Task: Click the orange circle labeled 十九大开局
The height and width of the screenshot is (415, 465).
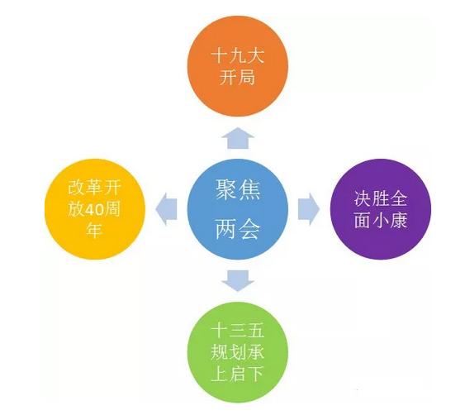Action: click(x=238, y=66)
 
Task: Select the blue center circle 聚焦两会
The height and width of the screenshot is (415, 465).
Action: click(x=238, y=209)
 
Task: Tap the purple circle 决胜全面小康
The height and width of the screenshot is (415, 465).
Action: click(x=381, y=209)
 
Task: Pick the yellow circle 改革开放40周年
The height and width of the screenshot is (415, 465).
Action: click(x=95, y=209)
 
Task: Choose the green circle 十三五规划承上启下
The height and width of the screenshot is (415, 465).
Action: click(x=238, y=352)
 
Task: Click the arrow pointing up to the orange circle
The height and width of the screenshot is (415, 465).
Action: click(x=238, y=138)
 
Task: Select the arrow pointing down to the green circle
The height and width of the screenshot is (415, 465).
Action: click(x=238, y=281)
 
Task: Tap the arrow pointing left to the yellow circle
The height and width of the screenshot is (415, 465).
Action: click(x=166, y=209)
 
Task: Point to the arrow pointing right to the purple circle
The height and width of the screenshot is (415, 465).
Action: click(x=309, y=209)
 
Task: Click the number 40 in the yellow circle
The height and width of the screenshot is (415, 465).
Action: click(x=94, y=210)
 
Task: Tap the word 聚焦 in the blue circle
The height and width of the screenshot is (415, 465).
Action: click(x=238, y=190)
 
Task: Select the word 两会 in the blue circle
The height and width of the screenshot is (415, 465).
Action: click(x=238, y=229)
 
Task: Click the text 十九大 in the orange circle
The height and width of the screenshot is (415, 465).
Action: click(x=238, y=56)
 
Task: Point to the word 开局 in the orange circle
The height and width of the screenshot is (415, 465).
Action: click(x=237, y=78)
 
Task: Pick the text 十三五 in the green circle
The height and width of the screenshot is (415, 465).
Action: click(x=238, y=331)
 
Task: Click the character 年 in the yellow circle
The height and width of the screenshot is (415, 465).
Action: click(x=94, y=231)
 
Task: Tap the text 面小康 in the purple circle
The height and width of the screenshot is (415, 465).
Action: click(x=381, y=220)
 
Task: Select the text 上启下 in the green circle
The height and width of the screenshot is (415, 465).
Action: click(x=238, y=374)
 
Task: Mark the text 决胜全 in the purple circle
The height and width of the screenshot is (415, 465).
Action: click(x=381, y=198)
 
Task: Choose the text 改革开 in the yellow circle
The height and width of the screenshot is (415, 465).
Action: click(x=95, y=188)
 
